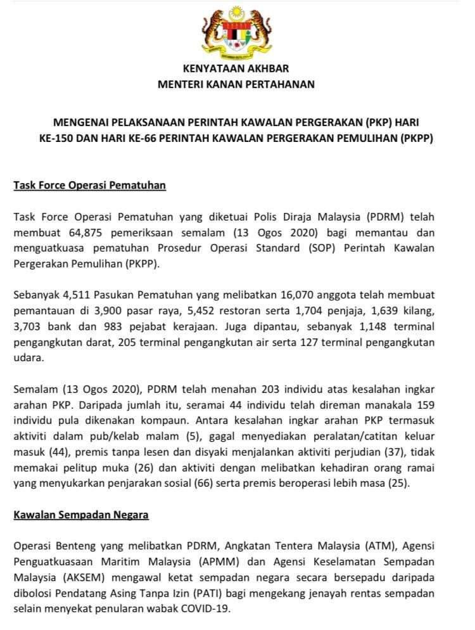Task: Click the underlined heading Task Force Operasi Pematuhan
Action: [x=89, y=186]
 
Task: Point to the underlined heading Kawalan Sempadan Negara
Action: [x=81, y=515]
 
